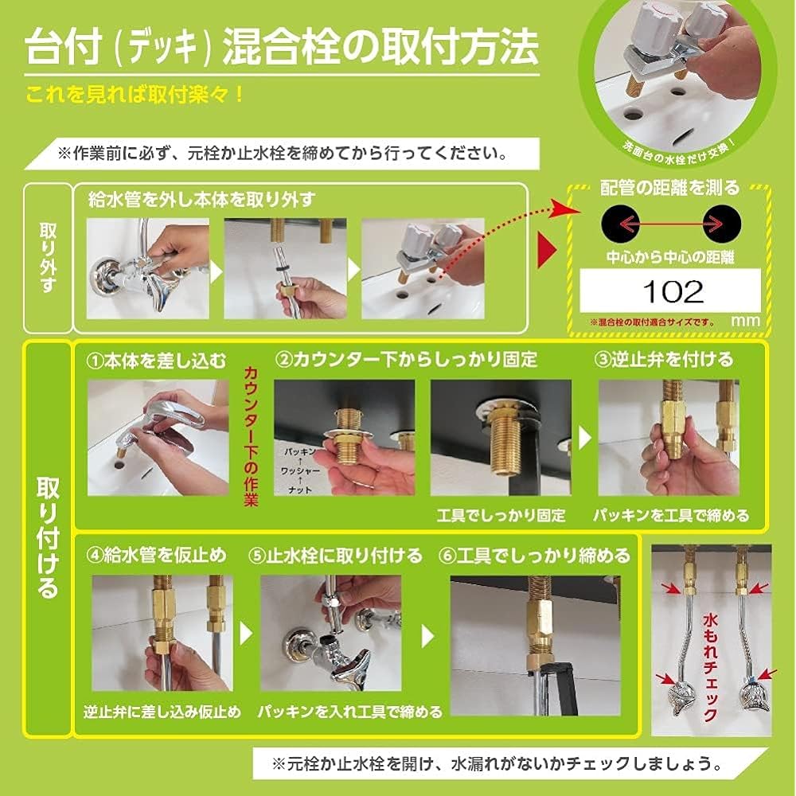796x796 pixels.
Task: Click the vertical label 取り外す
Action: click(x=48, y=257)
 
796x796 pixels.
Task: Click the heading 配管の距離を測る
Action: click(x=669, y=188)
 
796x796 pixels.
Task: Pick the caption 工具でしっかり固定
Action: click(x=501, y=516)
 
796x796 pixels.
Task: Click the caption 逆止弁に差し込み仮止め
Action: click(x=162, y=711)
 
